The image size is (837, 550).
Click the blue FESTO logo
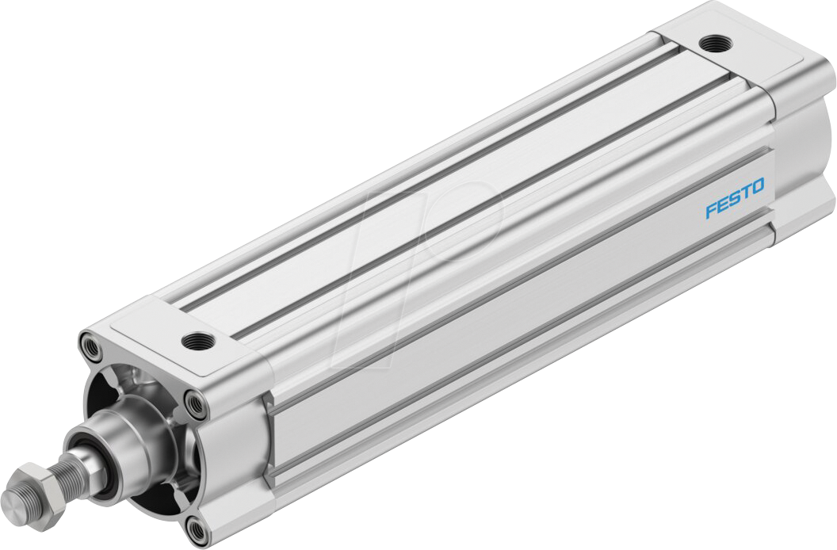click(x=735, y=198)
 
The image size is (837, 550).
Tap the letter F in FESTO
click(x=711, y=210)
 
